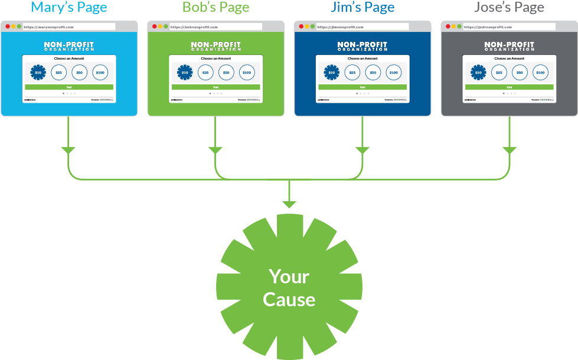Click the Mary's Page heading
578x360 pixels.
(69, 8)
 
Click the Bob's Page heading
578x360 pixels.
(215, 8)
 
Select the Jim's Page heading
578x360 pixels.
(363, 8)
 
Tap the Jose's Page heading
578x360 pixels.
(509, 8)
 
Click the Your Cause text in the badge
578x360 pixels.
(289, 287)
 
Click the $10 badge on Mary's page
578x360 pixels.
(38, 73)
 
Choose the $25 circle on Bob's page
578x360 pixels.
(205, 73)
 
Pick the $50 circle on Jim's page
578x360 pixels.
(373, 73)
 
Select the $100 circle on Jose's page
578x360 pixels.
(540, 73)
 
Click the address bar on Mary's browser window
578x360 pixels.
(68, 27)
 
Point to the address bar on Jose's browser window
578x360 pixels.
(508, 27)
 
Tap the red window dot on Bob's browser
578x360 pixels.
(155, 27)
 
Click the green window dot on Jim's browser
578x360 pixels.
(312, 27)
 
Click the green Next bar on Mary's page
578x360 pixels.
(68, 87)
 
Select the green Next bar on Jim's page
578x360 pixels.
(363, 87)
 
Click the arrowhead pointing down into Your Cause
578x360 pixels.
(289, 205)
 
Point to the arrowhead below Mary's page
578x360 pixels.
(68, 150)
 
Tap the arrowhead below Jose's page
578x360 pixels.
(509, 150)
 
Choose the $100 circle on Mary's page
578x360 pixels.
(100, 73)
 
